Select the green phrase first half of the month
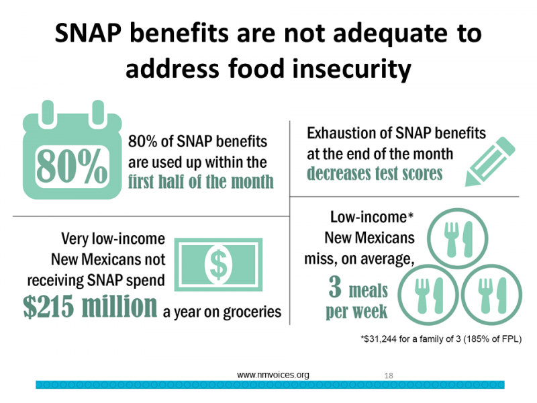click(x=201, y=181)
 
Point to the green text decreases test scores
click(x=375, y=174)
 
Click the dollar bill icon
click(x=218, y=263)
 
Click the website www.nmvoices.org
click(x=273, y=375)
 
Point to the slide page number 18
click(x=389, y=375)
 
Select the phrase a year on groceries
click(x=222, y=312)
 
